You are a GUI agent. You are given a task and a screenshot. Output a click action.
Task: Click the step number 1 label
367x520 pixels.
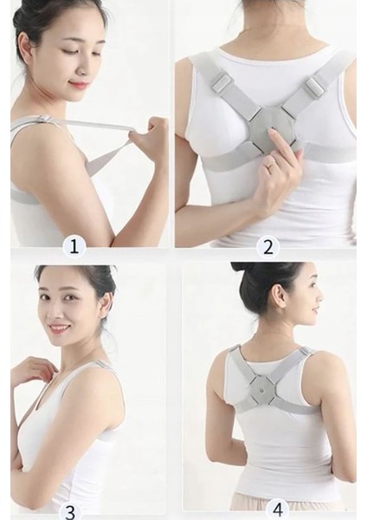(x=74, y=246)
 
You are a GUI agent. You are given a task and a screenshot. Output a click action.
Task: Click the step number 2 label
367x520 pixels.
(x=268, y=246)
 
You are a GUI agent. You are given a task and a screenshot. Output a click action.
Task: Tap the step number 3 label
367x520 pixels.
(x=71, y=511)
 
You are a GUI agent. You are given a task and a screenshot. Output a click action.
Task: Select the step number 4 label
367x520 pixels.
(x=278, y=510)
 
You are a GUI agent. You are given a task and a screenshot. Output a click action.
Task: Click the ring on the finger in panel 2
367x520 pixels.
(x=271, y=164)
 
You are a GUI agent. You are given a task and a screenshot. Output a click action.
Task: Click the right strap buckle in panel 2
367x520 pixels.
(x=314, y=87)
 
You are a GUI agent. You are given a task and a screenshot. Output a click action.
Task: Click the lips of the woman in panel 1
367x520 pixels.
(x=79, y=85)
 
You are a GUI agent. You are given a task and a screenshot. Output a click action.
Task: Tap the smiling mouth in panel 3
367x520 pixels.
(x=58, y=328)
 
